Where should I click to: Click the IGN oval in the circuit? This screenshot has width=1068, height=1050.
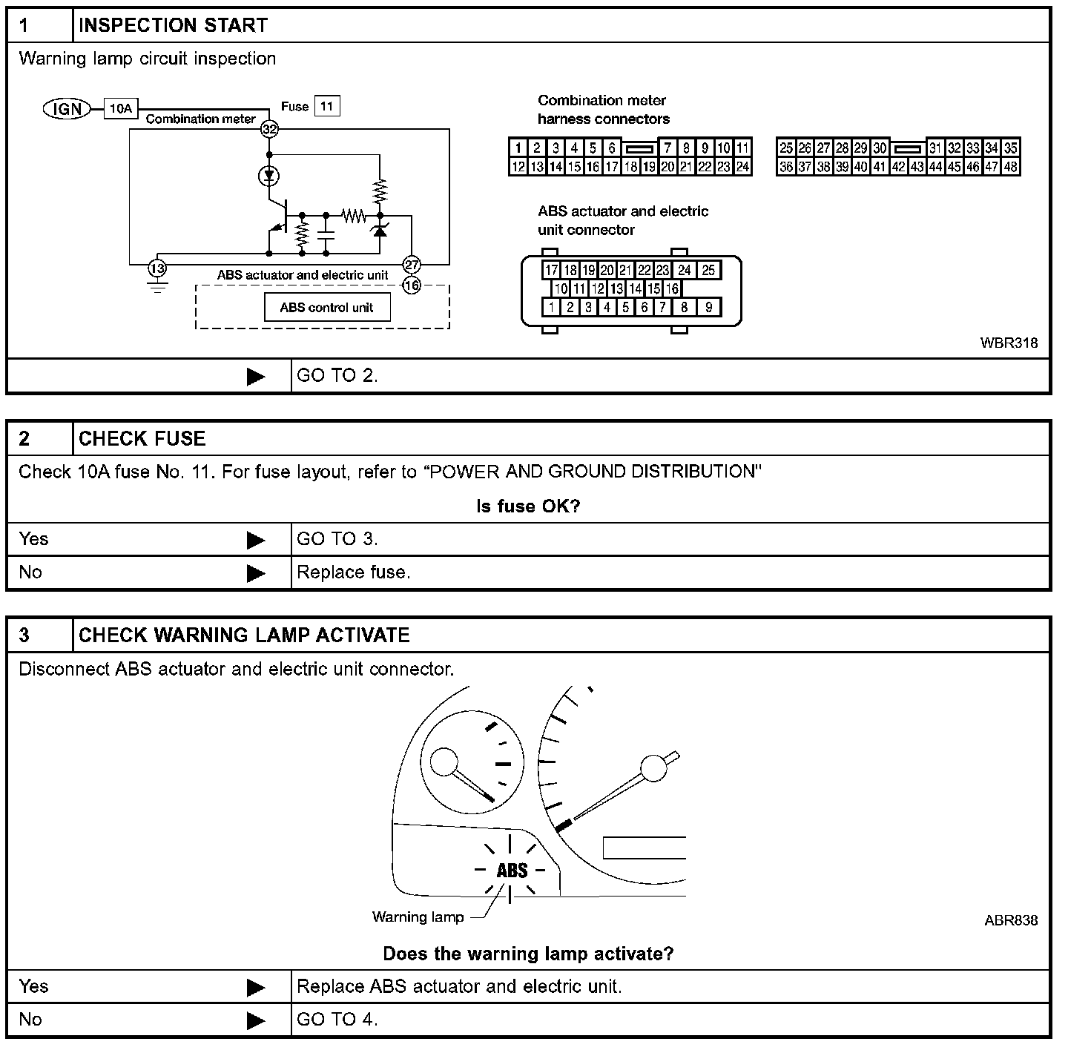[x=67, y=109]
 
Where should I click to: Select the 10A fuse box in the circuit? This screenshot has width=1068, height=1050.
[x=121, y=109]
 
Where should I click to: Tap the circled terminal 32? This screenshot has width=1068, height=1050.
[x=269, y=129]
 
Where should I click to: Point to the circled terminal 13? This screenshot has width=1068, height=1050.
[x=157, y=267]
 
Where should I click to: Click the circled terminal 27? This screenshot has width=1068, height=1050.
[x=412, y=265]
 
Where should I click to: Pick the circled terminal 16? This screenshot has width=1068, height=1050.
[x=412, y=285]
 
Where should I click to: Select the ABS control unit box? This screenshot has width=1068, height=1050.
[x=327, y=307]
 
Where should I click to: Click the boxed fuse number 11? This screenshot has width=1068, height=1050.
[x=327, y=106]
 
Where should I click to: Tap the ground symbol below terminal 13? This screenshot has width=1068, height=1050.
[x=157, y=286]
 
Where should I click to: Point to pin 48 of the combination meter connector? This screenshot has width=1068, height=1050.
[x=1010, y=167]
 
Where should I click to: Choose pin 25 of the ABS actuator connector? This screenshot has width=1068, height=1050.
[x=708, y=270]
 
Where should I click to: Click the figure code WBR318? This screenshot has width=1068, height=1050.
[x=1009, y=343]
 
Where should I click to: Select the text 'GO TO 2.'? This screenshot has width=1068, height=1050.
[x=337, y=376]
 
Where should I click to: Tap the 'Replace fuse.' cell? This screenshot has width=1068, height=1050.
[x=354, y=572]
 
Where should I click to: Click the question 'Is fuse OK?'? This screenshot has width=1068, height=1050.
[x=528, y=506]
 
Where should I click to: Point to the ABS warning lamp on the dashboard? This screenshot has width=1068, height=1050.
[x=512, y=870]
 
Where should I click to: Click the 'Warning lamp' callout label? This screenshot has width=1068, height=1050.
[x=418, y=917]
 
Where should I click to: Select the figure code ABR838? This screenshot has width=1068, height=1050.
[x=1011, y=920]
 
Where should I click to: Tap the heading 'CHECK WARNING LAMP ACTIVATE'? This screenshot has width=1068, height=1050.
[x=244, y=635]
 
